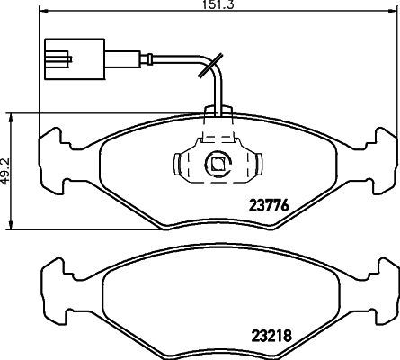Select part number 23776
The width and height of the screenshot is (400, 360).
[x=269, y=205]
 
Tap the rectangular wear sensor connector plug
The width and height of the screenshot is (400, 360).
[x=75, y=59]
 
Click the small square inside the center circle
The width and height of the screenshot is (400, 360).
[x=218, y=164]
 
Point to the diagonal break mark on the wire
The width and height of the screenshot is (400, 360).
[x=210, y=66]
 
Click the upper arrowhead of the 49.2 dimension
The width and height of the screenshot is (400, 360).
[x=11, y=118]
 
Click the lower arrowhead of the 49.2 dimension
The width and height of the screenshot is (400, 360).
[x=11, y=226]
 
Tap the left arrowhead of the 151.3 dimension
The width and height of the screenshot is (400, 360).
[x=44, y=11]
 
